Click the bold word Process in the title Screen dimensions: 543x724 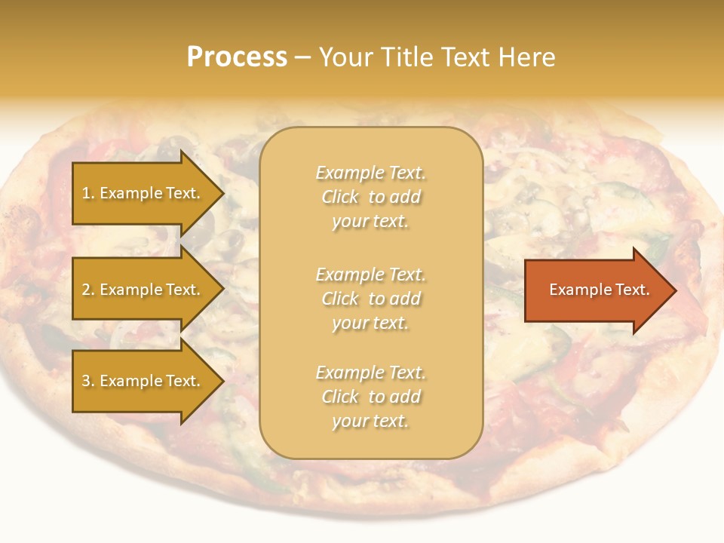coord(237,57)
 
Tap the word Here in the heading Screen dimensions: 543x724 coord(527,57)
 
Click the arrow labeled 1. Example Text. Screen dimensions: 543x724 coord(143,193)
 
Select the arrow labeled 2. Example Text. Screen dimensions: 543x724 coord(143,290)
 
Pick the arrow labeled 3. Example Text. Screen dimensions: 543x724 coord(143,381)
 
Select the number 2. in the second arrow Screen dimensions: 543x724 coord(88,290)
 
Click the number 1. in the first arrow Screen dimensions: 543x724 coord(88,193)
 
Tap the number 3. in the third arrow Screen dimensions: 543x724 coord(88,381)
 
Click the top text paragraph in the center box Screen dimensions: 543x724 coord(370,197)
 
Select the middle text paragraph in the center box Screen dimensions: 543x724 coord(370,299)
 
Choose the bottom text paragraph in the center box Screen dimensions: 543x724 coord(370,397)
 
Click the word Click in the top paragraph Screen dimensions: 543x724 coord(340,197)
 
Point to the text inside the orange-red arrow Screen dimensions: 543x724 coord(599,290)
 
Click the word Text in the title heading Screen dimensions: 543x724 coord(468,57)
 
